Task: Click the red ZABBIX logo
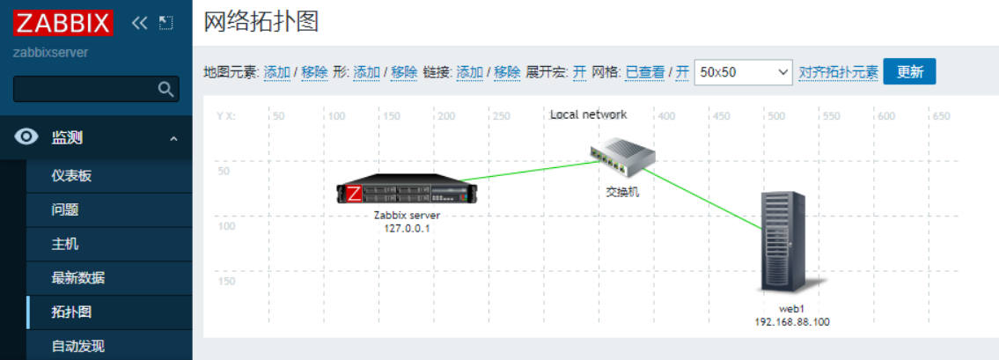63,22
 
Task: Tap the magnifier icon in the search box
165,89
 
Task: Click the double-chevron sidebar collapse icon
139,23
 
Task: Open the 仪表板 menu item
71,175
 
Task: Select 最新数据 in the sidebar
77,278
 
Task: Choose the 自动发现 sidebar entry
77,346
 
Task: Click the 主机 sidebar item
65,244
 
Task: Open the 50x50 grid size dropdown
743,72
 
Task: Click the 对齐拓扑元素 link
838,72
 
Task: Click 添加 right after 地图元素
277,72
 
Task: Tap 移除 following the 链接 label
507,72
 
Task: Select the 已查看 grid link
644,72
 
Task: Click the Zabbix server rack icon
400,192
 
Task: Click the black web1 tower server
783,242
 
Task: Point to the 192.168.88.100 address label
792,322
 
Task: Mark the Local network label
588,114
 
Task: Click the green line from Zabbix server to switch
528,170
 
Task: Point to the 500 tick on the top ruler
775,115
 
